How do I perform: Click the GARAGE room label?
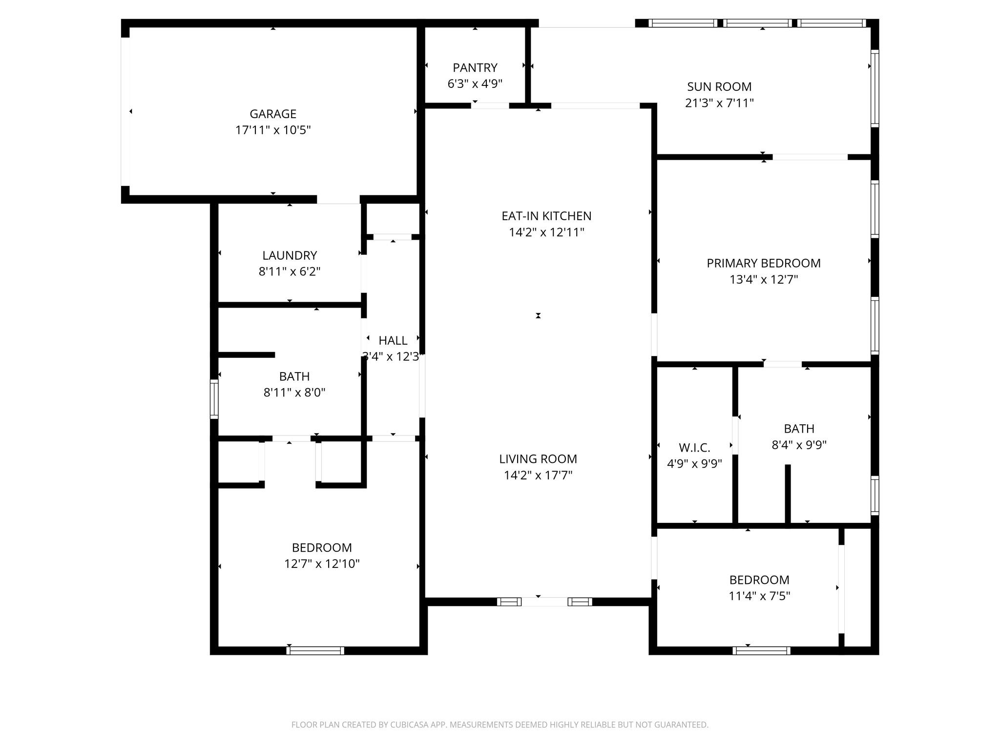273,114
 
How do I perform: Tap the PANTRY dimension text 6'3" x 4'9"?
475,83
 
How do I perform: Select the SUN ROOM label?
719,87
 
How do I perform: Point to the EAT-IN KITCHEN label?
546,216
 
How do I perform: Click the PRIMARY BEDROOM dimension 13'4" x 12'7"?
764,279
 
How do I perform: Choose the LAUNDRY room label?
290,255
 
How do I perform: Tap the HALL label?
393,340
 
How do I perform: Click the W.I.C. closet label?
694,448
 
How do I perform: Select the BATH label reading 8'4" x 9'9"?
799,429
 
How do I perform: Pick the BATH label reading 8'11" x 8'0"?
294,376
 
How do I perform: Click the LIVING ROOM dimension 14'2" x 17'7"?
538,475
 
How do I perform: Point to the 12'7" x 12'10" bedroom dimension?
322,563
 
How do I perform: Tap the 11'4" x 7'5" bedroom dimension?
759,596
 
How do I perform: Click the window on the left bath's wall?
214,399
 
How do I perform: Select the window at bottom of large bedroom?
315,650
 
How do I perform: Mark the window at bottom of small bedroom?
761,650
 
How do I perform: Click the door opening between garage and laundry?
338,200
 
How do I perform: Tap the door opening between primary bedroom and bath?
783,364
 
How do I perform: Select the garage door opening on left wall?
125,112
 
